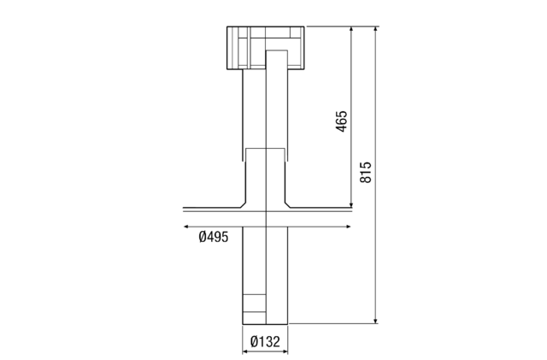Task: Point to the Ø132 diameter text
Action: (265, 343)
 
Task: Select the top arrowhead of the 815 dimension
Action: (377, 30)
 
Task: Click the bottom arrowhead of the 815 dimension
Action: (377, 322)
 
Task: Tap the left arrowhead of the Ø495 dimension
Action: (185, 227)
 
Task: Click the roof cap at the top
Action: (265, 47)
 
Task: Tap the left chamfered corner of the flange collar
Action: (244, 204)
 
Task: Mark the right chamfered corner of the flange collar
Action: (288, 204)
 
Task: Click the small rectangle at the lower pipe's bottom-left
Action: (254, 304)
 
